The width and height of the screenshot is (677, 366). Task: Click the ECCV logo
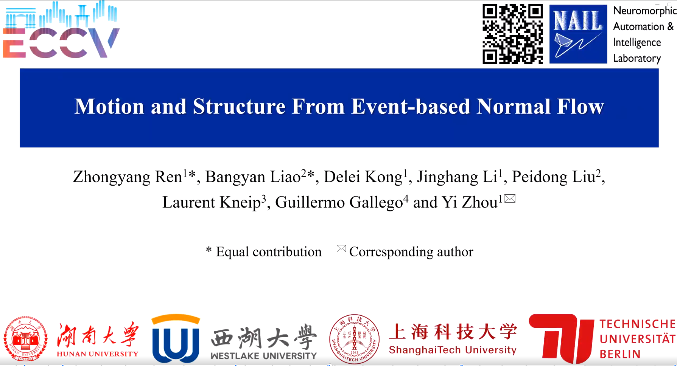(x=61, y=30)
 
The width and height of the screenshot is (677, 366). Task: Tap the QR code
(x=513, y=34)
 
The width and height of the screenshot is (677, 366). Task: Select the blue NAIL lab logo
(x=578, y=34)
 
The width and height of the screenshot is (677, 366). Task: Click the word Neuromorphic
(x=645, y=11)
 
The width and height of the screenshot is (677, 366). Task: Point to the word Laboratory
(x=637, y=58)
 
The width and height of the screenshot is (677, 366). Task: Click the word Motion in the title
(x=109, y=106)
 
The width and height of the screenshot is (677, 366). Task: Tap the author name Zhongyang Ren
(x=128, y=177)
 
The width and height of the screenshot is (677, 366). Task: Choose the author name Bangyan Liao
(x=253, y=177)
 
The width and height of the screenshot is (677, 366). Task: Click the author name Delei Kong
(x=363, y=177)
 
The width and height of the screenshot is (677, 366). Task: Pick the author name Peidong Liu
(x=554, y=177)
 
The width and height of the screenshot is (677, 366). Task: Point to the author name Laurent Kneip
(x=212, y=202)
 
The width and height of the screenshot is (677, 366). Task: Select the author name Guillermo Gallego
(x=339, y=202)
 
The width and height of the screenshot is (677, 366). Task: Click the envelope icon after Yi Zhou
(x=510, y=198)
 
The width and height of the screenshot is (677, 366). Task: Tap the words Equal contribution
(x=269, y=252)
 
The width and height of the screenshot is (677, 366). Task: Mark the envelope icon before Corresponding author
(x=341, y=249)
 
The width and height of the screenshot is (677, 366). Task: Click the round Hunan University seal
(x=25, y=339)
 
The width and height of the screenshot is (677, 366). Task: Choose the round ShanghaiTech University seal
(x=354, y=339)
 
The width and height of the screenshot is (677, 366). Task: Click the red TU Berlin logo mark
(x=561, y=338)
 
